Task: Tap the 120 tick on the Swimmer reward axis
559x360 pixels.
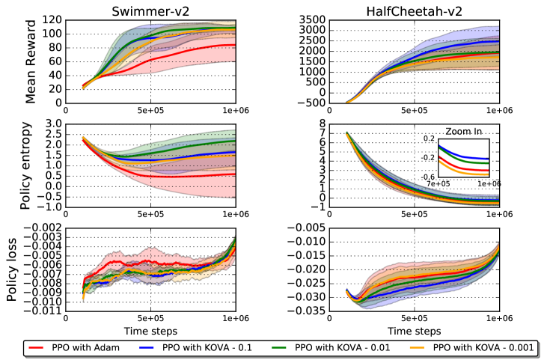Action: point(52,20)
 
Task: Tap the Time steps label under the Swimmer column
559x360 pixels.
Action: point(150,330)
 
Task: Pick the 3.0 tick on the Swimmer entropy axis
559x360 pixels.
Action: point(52,123)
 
